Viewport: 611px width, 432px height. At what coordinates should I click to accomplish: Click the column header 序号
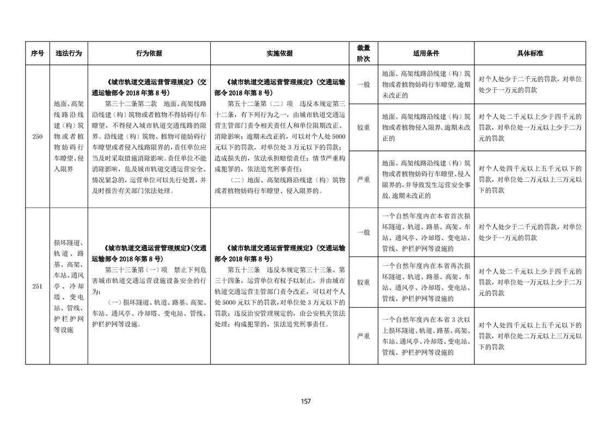tap(37, 53)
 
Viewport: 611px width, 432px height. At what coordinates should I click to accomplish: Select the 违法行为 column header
tap(69, 53)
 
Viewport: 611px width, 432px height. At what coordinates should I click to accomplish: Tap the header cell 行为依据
tap(149, 53)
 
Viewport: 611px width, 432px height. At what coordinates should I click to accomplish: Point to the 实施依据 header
tap(279, 53)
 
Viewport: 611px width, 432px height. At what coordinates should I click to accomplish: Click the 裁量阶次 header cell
tap(363, 53)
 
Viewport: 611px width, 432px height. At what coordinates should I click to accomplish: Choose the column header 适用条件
tap(426, 53)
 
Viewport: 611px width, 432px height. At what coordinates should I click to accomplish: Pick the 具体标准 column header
tap(530, 53)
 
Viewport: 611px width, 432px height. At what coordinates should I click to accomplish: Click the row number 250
tap(37, 136)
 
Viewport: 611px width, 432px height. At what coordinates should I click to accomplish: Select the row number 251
tap(37, 286)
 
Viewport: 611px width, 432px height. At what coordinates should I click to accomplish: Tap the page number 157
tap(305, 401)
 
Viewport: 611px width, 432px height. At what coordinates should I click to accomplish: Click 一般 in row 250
tap(363, 84)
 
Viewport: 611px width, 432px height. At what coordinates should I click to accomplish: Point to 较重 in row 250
tap(363, 127)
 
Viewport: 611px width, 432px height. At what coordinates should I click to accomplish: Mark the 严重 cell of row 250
tap(363, 179)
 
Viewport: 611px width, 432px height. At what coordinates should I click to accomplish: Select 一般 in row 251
tap(363, 232)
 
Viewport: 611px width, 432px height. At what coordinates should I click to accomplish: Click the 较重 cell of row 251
tap(363, 282)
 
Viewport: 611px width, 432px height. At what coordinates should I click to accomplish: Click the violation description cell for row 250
tap(69, 136)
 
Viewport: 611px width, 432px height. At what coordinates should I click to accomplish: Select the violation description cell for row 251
tap(69, 286)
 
